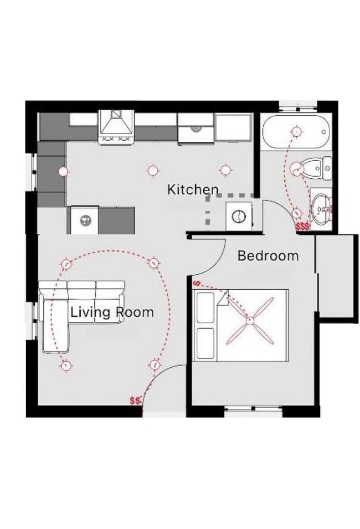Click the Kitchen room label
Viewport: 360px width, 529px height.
[x=193, y=189]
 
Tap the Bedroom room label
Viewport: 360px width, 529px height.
[x=268, y=256]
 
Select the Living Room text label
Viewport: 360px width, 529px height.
[x=112, y=312]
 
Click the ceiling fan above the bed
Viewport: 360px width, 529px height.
[x=250, y=320]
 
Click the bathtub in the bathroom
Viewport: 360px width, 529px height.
[x=296, y=131]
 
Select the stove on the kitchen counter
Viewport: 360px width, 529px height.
[x=116, y=127]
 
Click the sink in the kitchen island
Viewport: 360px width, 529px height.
[x=85, y=220]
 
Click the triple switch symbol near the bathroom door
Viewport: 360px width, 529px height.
[x=303, y=227]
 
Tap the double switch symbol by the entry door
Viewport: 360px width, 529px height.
[x=135, y=400]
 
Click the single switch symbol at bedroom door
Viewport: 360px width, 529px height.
[x=197, y=284]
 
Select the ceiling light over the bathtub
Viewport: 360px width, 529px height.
[x=296, y=131]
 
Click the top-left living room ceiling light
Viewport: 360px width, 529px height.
[x=66, y=264]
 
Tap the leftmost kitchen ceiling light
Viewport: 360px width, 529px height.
[x=63, y=171]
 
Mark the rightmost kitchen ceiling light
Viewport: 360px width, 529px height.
[x=224, y=170]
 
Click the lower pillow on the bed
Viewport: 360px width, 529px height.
[x=205, y=343]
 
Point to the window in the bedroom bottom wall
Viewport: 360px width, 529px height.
[x=253, y=411]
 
